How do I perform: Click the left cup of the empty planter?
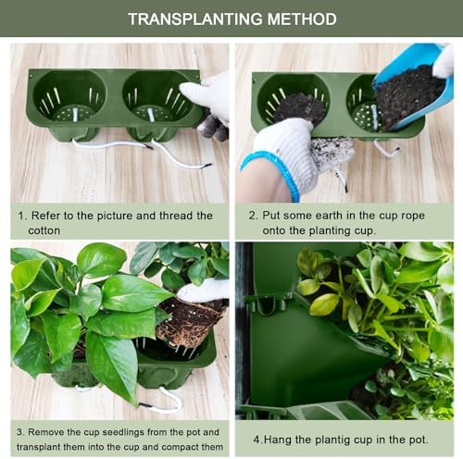[x=69, y=97]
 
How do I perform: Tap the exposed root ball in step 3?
[x=190, y=320]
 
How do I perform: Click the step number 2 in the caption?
[x=252, y=216]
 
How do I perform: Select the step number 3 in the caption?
[x=19, y=432]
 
